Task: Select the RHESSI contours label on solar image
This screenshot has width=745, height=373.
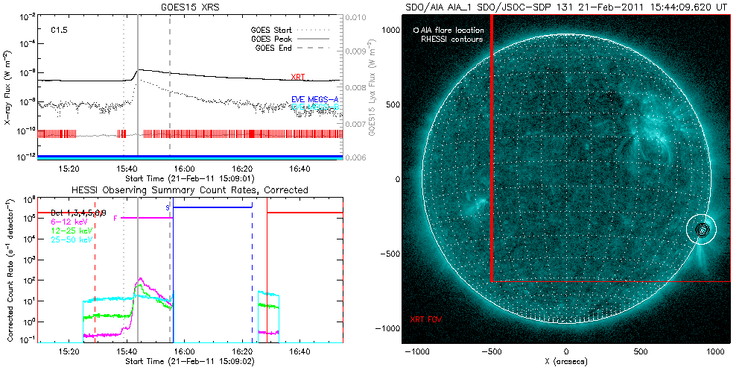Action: (451, 39)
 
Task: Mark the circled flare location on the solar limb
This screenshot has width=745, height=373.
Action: (702, 231)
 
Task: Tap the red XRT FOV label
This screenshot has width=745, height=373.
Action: (426, 319)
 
